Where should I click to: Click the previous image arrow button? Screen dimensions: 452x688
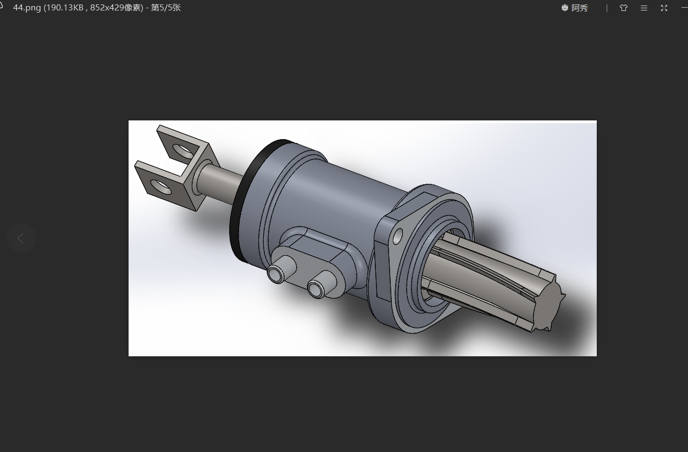coord(21,238)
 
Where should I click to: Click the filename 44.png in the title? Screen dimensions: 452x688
coord(27,8)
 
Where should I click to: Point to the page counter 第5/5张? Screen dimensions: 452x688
coord(166,8)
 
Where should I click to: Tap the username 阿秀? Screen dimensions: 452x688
coord(579,8)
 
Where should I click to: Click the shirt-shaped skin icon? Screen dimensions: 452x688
coord(623,8)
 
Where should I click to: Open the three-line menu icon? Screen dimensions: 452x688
coord(643,8)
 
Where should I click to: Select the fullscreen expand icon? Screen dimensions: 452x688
coord(664,8)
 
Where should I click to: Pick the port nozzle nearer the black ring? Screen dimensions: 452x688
coord(276,272)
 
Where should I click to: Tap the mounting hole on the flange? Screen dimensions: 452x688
coord(398,236)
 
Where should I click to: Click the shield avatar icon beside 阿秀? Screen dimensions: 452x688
coord(564,8)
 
